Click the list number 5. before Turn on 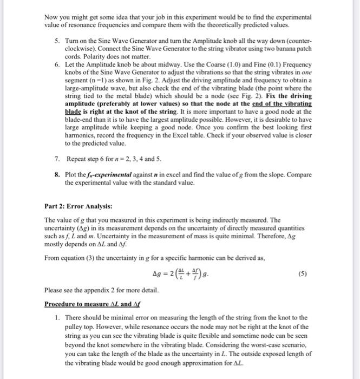(57, 41)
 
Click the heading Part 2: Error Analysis (78, 206)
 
